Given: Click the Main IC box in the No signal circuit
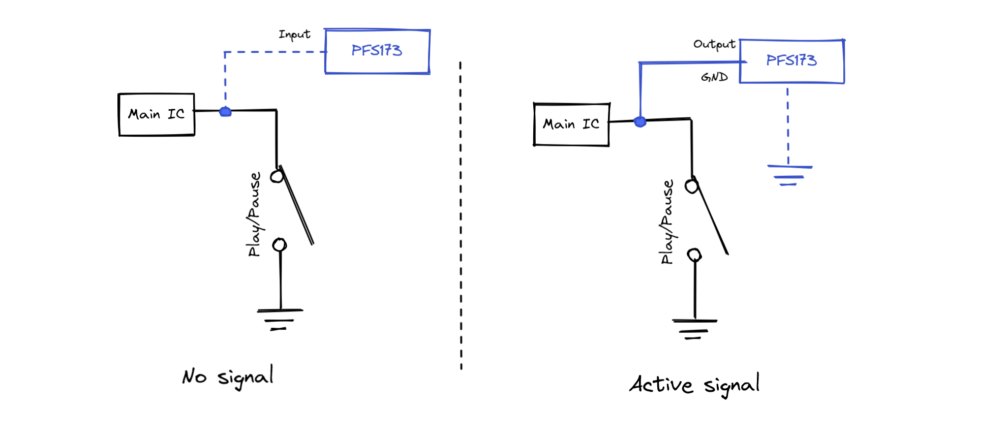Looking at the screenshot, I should (157, 115).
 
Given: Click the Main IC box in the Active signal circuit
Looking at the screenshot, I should (571, 124).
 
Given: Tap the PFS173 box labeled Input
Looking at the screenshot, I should (377, 51).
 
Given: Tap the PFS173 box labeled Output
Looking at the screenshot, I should (791, 61).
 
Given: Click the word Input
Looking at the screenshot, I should (294, 35).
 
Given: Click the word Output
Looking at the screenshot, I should (714, 44).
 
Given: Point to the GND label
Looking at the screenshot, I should (714, 77).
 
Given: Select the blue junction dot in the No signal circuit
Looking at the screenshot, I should (225, 111).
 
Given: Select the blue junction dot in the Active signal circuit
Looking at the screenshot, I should (640, 121).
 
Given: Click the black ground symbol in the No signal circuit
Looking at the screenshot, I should (280, 319).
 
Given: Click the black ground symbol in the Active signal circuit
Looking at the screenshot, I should (694, 329).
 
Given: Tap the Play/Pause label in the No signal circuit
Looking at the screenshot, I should (254, 214).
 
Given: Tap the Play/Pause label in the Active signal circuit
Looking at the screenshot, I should (667, 222).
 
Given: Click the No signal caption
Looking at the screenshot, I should (228, 377).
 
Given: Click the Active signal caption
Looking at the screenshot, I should (694, 385).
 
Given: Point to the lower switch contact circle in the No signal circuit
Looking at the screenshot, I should (279, 245).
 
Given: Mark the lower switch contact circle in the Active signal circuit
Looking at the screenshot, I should (694, 255).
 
